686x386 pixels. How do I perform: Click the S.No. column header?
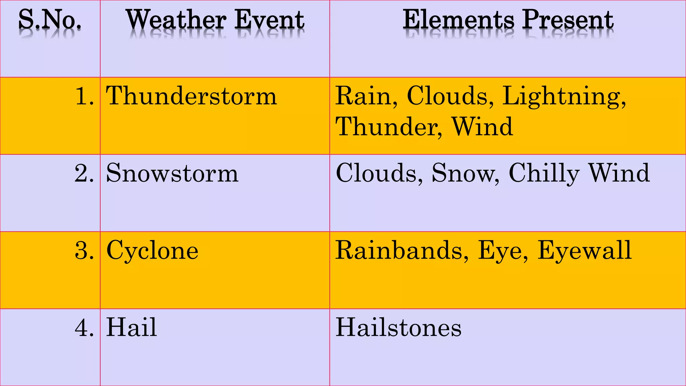pyautogui.click(x=50, y=20)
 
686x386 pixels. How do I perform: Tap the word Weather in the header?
pyautogui.click(x=177, y=20)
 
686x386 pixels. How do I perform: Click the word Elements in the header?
pyautogui.click(x=458, y=20)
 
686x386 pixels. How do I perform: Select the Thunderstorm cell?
pyautogui.click(x=192, y=96)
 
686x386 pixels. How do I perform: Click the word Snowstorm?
pyautogui.click(x=172, y=174)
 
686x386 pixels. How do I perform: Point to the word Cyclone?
pyautogui.click(x=152, y=251)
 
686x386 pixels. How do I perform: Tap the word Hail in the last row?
pyautogui.click(x=132, y=328)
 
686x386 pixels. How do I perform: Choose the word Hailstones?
pyautogui.click(x=399, y=328)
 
